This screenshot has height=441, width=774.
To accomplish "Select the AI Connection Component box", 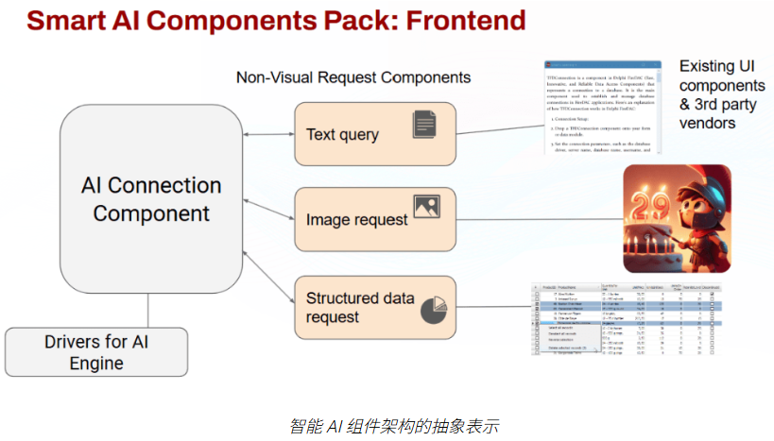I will tap(151, 198).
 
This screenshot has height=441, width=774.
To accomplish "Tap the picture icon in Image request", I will tap(426, 207).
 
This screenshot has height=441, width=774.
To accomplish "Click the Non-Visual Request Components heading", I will tap(353, 76).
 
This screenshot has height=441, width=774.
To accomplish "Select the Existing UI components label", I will tap(722, 94).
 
